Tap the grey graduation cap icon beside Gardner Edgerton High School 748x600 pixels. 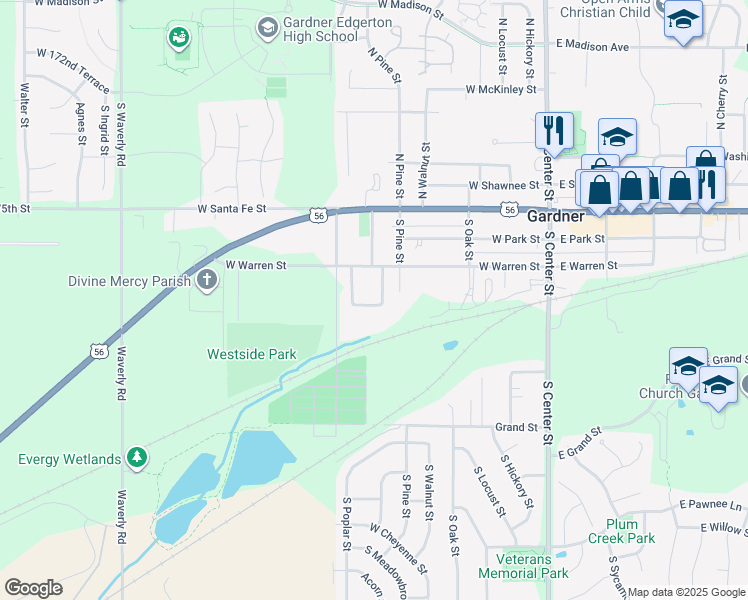pos(267,27)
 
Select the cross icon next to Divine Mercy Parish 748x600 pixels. pos(207,280)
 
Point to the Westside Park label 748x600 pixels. pos(252,354)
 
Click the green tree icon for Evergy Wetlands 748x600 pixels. pos(137,459)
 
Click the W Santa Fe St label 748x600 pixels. pos(232,209)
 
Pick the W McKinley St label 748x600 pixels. pos(501,90)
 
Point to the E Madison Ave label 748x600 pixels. pos(593,46)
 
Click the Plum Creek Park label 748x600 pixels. pos(630,531)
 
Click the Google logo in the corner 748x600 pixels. pos(33,588)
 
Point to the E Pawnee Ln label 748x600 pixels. pos(711,506)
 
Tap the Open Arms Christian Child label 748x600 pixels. pos(604,10)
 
